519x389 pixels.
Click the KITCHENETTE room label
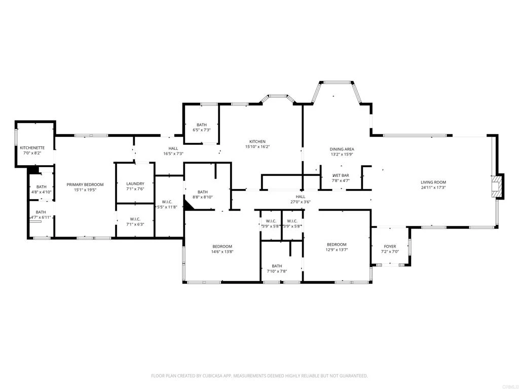(x=32, y=148)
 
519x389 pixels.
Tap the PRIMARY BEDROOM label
(x=85, y=184)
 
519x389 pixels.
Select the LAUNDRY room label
(x=135, y=183)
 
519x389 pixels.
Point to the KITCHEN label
(x=257, y=142)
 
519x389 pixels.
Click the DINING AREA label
(x=342, y=149)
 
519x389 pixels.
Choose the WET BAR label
(x=341, y=175)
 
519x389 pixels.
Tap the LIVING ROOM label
(x=433, y=182)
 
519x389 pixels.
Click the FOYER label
(x=390, y=247)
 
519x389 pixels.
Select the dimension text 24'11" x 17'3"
(x=433, y=187)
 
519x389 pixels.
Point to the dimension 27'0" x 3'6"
(x=301, y=202)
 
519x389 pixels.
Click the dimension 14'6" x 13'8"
(x=222, y=251)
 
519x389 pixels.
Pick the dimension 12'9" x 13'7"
(x=337, y=250)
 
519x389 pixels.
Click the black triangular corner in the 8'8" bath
(x=188, y=206)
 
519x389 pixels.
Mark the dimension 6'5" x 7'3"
(x=202, y=130)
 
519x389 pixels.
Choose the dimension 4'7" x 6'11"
(x=41, y=217)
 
